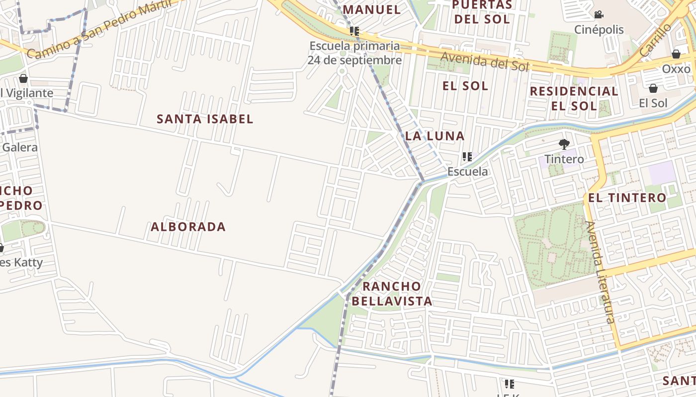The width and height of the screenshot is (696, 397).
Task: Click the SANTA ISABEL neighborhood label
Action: click(205, 119)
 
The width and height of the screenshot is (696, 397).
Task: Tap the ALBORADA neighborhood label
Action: click(188, 227)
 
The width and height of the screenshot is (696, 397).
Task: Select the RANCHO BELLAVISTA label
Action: click(392, 294)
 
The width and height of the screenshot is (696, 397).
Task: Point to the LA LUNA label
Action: click(435, 136)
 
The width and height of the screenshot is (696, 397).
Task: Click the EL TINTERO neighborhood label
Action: click(627, 198)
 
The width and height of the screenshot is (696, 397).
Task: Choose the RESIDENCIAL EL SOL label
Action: click(574, 98)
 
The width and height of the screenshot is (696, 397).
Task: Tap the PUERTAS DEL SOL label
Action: click(481, 12)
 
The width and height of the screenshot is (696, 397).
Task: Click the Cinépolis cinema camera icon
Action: click(599, 14)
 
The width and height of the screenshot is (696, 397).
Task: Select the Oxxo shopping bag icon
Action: click(676, 54)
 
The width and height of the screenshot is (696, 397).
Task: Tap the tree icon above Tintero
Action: click(564, 144)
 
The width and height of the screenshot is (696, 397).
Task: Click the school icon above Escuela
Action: click(467, 157)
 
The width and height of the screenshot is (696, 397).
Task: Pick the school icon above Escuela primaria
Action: click(354, 31)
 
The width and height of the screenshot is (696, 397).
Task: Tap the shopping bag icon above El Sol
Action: click(653, 88)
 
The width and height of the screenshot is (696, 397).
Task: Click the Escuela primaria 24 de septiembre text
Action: click(354, 53)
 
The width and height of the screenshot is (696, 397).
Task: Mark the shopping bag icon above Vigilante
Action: click(23, 78)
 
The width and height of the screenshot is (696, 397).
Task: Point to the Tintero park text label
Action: click(564, 159)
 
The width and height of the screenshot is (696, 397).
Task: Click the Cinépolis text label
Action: click(599, 30)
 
